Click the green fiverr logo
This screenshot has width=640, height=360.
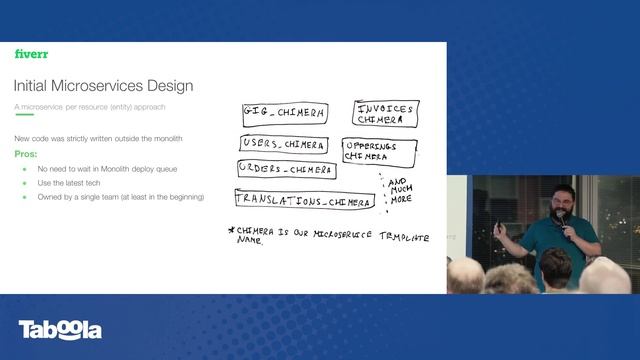[x=31, y=54]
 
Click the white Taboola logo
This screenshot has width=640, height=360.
[x=60, y=330]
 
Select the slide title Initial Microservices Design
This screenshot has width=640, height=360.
[x=104, y=86]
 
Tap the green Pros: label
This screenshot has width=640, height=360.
[x=25, y=154]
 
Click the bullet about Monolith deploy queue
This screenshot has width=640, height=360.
[x=107, y=169]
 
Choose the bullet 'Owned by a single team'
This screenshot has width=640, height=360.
[x=120, y=197]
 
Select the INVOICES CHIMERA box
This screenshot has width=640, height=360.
[x=385, y=113]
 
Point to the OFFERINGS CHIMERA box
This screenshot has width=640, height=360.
[x=379, y=151]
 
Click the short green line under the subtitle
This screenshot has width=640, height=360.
[x=24, y=115]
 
